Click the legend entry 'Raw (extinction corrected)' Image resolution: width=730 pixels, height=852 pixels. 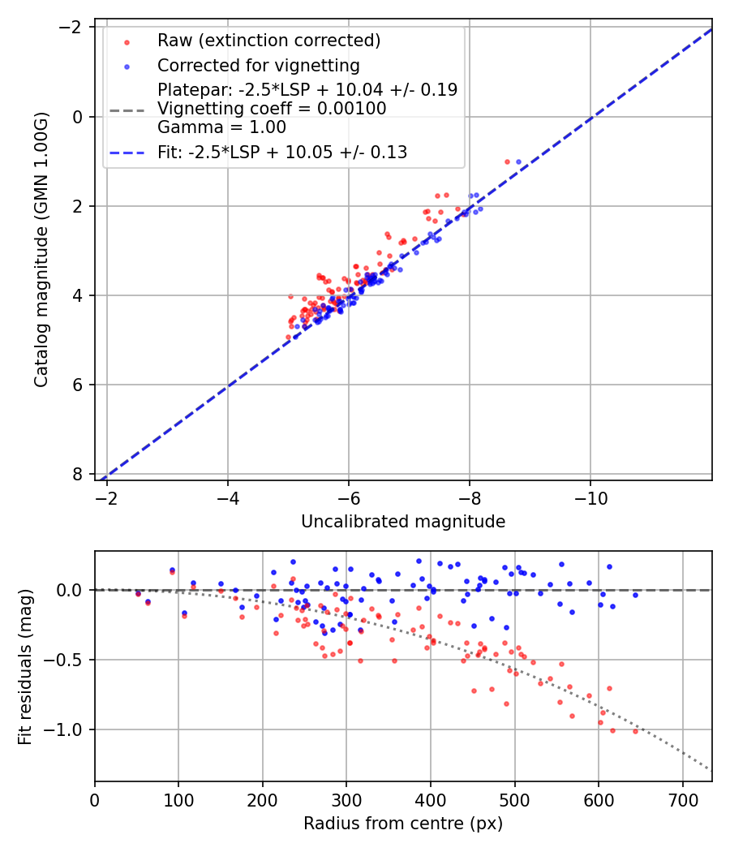[268, 41]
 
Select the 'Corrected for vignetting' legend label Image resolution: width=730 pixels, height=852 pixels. [259, 65]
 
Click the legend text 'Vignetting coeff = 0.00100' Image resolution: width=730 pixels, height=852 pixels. [272, 108]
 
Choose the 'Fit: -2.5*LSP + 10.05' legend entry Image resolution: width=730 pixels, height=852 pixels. [282, 152]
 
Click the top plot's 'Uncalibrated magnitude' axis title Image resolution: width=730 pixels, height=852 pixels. [403, 522]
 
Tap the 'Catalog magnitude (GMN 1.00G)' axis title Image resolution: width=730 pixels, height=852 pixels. [42, 250]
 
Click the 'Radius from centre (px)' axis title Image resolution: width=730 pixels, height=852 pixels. [403, 824]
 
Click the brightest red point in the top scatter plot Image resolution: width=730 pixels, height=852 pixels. [508, 161]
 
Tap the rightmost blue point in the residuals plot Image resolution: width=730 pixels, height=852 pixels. [635, 595]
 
